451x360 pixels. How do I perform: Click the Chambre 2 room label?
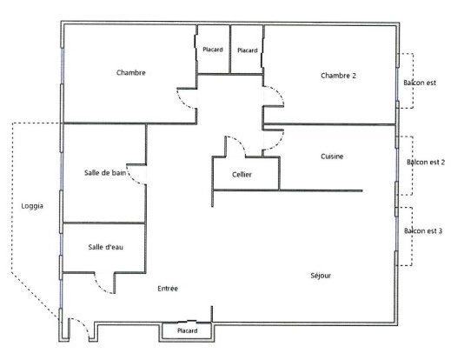338,76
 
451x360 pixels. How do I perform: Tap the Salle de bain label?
105,173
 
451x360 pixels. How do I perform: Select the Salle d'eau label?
106,247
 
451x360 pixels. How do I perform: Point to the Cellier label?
242,175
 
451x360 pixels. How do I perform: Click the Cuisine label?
332,157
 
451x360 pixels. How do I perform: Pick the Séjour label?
321,276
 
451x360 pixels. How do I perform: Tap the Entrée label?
168,289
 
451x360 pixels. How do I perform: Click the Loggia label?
32,206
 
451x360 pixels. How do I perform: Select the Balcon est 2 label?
426,162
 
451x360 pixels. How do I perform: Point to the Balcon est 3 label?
423,231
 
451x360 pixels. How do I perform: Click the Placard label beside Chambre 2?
248,50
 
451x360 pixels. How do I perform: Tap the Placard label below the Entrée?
187,330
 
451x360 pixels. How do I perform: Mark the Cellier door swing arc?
240,141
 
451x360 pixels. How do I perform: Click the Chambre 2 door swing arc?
277,91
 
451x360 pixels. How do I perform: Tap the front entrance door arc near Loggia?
83,323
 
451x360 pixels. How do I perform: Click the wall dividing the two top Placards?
230,50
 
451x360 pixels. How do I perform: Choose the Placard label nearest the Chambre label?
213,50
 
